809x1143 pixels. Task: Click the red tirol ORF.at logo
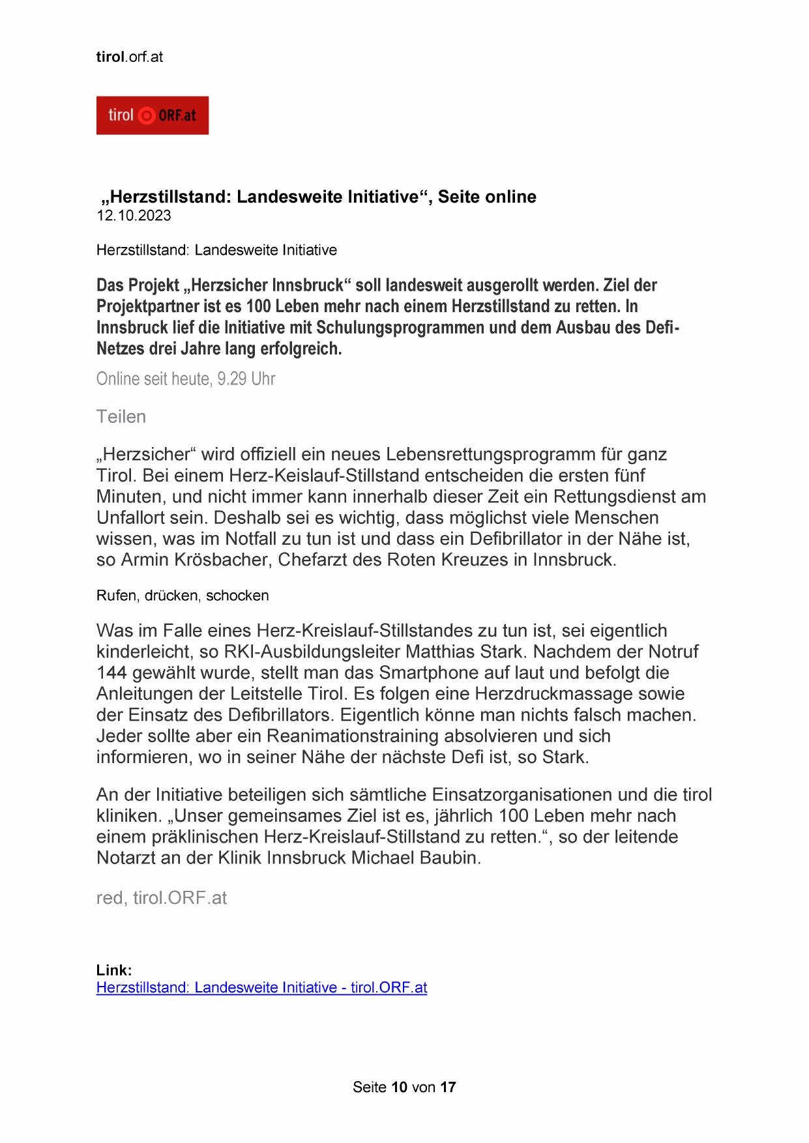tap(152, 115)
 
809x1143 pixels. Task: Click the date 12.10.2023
tap(134, 216)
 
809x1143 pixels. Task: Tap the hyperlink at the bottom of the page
tap(261, 987)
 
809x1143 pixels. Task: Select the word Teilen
tap(121, 416)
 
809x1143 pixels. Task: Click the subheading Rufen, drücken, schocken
tap(183, 595)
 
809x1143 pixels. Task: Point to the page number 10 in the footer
tap(400, 1087)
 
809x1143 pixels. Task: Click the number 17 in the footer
tap(448, 1087)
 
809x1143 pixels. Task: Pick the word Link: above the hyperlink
tap(114, 970)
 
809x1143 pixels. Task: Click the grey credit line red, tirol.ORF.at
tap(162, 898)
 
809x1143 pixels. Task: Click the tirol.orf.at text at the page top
tap(130, 57)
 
